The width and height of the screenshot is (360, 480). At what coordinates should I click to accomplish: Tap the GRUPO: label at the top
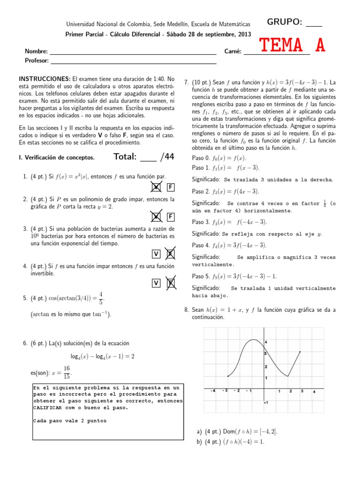click(x=285, y=22)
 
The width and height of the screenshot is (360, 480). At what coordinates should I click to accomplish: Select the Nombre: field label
click(x=37, y=52)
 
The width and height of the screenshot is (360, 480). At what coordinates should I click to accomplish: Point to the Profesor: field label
click(x=37, y=60)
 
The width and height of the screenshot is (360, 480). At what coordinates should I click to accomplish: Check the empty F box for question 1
click(x=171, y=188)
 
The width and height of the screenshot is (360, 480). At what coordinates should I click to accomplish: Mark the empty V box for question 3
click(x=156, y=254)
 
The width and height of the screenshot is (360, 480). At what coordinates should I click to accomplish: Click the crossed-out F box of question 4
click(x=171, y=283)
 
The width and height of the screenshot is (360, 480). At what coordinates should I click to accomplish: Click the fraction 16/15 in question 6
click(x=67, y=372)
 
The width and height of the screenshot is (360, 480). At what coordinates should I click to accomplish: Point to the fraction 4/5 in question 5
click(x=101, y=298)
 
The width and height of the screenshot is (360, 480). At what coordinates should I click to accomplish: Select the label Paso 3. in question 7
click(x=202, y=222)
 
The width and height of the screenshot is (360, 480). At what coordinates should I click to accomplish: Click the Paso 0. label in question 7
click(x=202, y=157)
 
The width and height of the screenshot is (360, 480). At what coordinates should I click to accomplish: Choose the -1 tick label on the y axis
click(x=266, y=402)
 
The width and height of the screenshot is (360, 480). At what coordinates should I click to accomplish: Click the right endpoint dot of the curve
click(x=300, y=352)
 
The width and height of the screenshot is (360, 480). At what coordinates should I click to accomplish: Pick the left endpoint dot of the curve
click(x=228, y=376)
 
